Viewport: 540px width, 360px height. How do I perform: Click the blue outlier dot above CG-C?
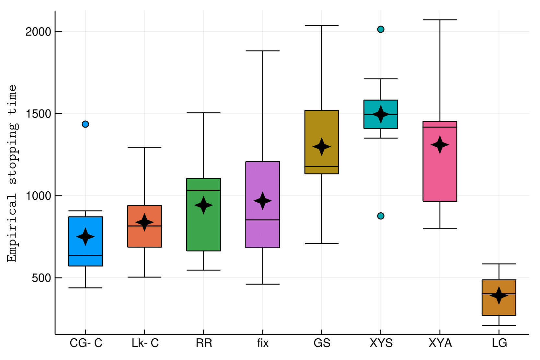85,124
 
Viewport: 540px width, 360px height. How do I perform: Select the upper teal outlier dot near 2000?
381,29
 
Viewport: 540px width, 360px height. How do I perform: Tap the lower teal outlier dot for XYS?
381,216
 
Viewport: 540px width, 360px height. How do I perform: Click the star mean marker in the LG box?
499,295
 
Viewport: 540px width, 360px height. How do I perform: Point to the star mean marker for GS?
322,147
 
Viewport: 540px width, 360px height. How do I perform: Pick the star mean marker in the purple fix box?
263,201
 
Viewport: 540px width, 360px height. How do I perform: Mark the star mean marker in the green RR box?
203,205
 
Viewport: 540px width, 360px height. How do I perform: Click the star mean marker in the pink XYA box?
440,145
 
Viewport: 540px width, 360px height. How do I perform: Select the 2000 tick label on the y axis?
38,32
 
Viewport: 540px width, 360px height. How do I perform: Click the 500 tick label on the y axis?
41,278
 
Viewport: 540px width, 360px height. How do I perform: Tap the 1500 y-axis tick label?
38,114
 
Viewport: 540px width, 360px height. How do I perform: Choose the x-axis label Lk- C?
145,343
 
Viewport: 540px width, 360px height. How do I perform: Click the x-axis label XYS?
381,343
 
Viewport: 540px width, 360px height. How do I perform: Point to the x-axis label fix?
263,343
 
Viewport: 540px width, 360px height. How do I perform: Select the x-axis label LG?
499,343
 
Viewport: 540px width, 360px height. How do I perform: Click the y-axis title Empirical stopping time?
12,173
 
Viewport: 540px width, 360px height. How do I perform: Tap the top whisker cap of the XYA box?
440,20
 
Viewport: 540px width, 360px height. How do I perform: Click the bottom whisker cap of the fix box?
263,284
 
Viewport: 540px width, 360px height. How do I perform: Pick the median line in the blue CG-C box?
85,255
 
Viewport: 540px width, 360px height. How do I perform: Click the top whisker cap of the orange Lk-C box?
144,147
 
